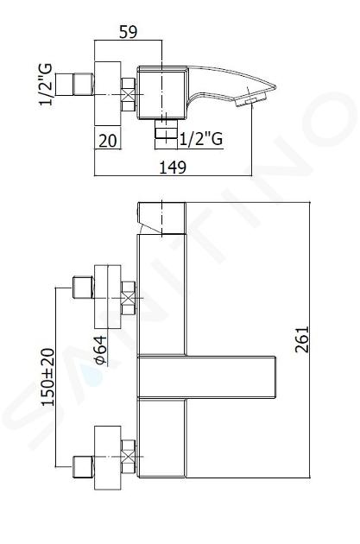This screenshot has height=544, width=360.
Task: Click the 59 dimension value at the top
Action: [129, 32]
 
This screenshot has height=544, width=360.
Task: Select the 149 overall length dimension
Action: [173, 168]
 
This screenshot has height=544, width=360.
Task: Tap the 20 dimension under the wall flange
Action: [108, 141]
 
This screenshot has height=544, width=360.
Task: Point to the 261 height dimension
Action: [302, 339]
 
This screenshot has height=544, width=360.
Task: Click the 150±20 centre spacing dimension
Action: [47, 377]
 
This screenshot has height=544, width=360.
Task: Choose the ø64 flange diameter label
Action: [100, 350]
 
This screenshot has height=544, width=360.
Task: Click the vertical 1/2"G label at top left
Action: [46, 85]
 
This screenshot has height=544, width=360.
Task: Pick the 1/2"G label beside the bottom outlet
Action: [201, 139]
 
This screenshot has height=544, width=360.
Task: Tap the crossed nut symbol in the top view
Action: [128, 94]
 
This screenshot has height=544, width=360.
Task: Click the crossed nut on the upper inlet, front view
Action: [128, 298]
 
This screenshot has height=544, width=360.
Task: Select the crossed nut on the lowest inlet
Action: [128, 457]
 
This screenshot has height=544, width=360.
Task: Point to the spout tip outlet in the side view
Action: [250, 101]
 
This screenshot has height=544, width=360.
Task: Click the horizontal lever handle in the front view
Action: [206, 376]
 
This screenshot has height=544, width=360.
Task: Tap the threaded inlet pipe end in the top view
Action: [74, 85]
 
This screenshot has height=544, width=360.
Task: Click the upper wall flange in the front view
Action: [108, 297]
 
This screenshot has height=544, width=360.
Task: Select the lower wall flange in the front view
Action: [108, 458]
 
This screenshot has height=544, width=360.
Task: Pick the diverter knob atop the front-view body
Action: [162, 218]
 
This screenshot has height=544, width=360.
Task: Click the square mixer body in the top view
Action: [161, 92]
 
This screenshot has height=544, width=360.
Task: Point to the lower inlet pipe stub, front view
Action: [83, 467]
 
